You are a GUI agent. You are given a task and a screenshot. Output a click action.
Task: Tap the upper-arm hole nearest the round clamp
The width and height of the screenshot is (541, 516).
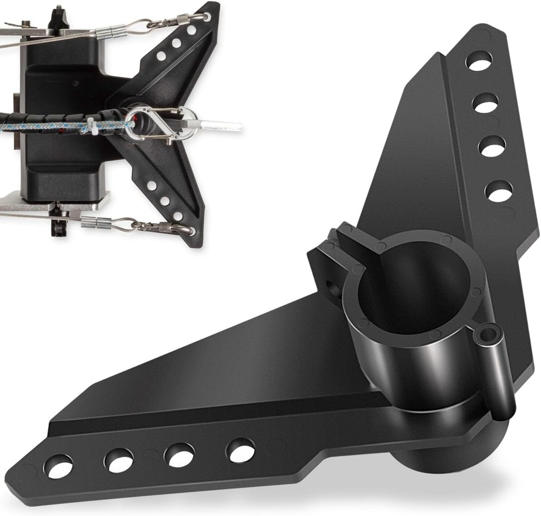tap(499, 191)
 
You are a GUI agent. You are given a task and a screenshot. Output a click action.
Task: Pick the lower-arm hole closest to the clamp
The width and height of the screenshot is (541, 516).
tap(240, 449)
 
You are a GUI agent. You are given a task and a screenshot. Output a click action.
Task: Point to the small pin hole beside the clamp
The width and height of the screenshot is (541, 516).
tap(491, 330)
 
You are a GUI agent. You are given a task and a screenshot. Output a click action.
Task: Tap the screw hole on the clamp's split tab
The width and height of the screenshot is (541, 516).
tap(330, 283)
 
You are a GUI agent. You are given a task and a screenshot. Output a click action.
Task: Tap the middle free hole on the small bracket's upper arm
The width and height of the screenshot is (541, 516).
tap(176, 43)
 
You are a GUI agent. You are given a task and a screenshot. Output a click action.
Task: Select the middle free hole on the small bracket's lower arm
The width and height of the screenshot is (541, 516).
tap(164, 201)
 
